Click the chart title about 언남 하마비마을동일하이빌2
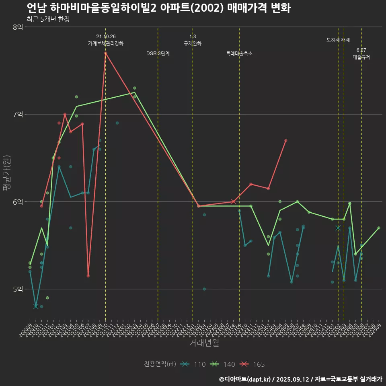point(158,8)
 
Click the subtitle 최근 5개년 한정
point(48,19)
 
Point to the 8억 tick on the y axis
point(18,27)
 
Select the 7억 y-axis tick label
point(18,114)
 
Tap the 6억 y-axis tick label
point(18,201)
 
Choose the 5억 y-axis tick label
point(18,289)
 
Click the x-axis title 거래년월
point(204,343)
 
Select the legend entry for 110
point(193,364)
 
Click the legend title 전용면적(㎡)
point(160,364)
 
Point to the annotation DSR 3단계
point(158,53)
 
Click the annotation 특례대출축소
point(239,53)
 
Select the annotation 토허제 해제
point(338,40)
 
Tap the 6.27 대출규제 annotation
point(361,53)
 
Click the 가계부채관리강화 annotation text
point(106,43)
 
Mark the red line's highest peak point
point(105,53)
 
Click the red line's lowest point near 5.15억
point(88,276)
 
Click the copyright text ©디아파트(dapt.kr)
point(246,379)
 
